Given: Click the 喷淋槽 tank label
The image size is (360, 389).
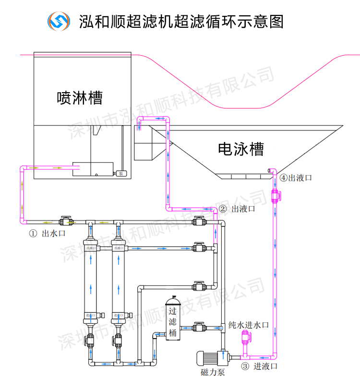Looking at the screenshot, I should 79,97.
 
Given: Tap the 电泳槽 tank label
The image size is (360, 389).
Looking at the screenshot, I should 240,149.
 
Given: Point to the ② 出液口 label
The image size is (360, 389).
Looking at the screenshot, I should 237,209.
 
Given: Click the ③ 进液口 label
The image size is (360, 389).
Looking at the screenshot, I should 259,367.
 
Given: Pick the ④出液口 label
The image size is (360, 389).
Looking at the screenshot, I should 296,177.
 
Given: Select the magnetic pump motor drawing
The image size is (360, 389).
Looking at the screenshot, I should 211,358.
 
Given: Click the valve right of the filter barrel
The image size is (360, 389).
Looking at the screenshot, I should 199,328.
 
